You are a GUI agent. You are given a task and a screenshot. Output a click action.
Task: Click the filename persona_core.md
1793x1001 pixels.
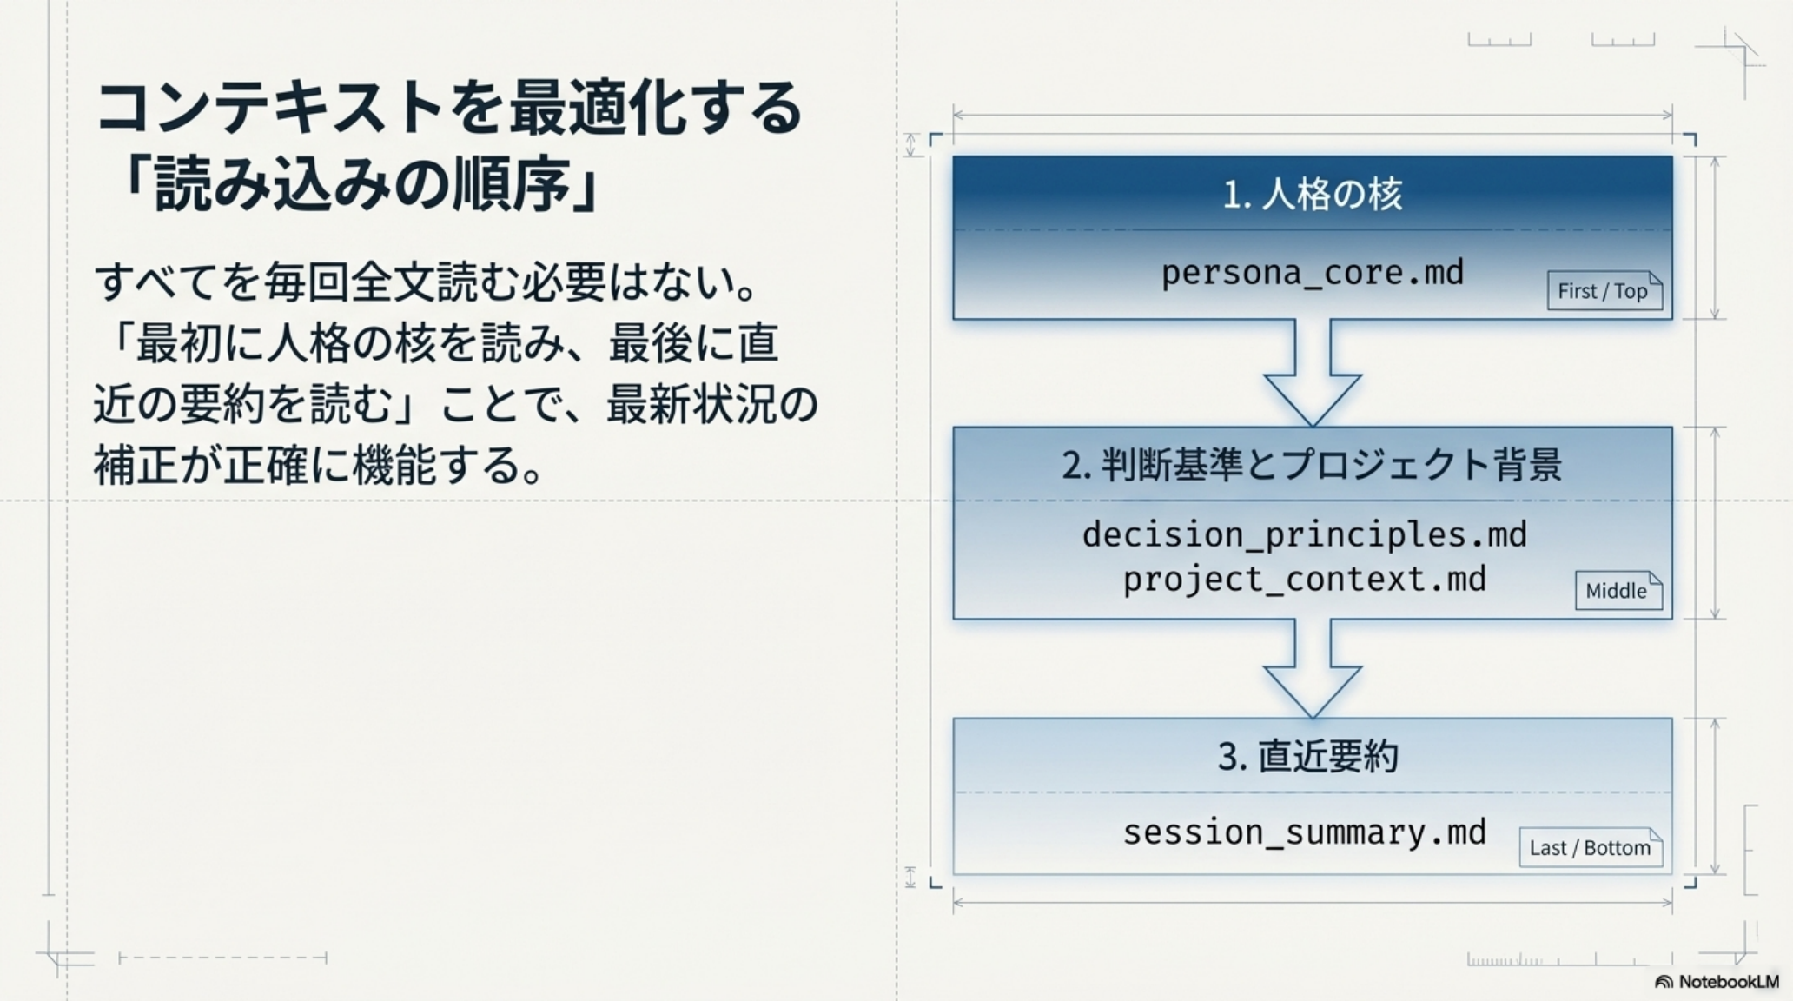click(1312, 273)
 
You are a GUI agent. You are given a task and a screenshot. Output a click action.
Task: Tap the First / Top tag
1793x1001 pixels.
click(1604, 291)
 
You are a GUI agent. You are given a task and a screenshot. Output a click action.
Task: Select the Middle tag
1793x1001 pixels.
click(1618, 591)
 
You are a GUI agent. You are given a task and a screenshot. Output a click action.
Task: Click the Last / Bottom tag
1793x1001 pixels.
click(1590, 847)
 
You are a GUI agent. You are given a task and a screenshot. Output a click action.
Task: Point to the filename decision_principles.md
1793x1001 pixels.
click(1304, 534)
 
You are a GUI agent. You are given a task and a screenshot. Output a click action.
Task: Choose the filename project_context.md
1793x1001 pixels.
click(1304, 580)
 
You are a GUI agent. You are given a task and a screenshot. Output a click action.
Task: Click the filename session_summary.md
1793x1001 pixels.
click(1304, 832)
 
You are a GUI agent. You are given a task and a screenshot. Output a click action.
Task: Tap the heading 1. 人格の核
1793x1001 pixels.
click(1312, 194)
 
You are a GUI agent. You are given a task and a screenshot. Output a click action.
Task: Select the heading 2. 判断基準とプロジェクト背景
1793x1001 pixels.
click(1312, 465)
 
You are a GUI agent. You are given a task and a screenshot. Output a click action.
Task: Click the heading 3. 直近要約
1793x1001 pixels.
click(1307, 756)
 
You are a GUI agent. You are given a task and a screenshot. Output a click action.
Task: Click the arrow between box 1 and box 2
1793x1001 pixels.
click(1313, 374)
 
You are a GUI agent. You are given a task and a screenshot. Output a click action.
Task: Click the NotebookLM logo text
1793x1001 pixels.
click(1727, 982)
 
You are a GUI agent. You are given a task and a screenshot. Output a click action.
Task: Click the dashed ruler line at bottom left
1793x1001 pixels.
click(222, 958)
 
